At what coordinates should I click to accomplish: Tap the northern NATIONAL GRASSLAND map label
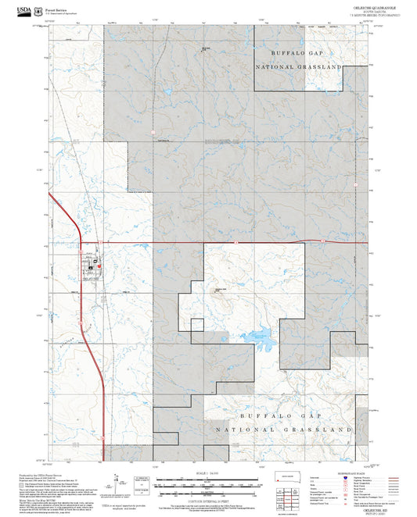(x=298, y=68)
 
